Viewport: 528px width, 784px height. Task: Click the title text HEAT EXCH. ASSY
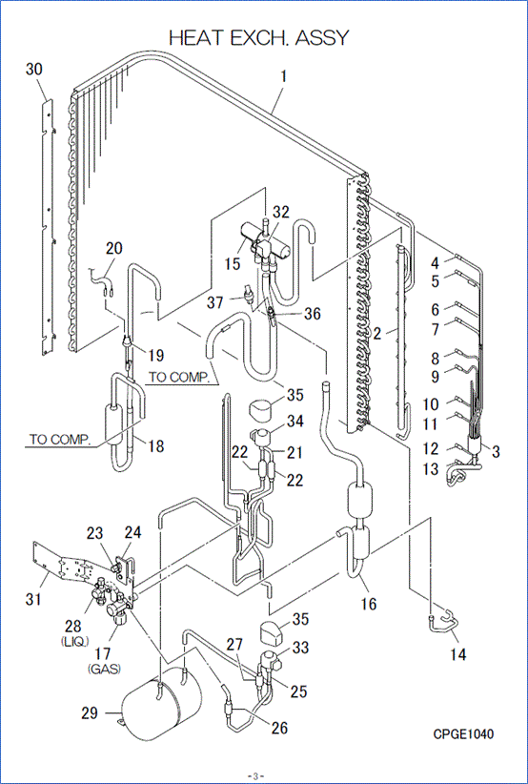tap(258, 38)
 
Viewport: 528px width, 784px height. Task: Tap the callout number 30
tap(34, 70)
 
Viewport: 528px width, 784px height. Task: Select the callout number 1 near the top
tap(284, 76)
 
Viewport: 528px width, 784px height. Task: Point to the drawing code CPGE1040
tap(463, 734)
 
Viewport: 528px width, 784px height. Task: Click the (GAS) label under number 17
tap(103, 670)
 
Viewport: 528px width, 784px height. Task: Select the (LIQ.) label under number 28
tap(73, 640)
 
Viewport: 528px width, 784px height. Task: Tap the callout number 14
tap(458, 653)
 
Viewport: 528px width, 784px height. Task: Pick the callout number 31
tap(34, 599)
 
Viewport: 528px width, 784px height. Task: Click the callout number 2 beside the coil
tap(377, 334)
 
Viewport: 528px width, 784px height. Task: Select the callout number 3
tap(495, 451)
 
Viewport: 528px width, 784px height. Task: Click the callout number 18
tap(156, 446)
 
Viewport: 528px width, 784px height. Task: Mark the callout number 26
tap(278, 728)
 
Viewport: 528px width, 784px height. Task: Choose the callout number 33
tap(301, 648)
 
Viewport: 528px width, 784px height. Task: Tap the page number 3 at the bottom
tap(254, 776)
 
